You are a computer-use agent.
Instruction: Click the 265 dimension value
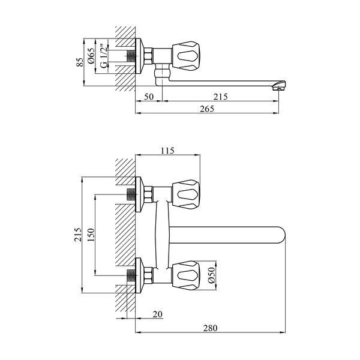point(207,109)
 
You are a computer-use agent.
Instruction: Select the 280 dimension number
point(210,328)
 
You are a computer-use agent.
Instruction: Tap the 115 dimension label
point(167,151)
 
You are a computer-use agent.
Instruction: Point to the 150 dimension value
point(91,235)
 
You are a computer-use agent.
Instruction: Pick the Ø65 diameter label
point(91,56)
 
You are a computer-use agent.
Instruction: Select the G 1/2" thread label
point(104,56)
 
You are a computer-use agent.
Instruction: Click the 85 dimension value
point(80,62)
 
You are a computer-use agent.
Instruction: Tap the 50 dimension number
point(149,97)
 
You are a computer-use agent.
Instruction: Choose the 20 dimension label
point(157,314)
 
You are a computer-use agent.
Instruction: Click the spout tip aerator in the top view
point(279,85)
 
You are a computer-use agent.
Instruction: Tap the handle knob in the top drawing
point(186,56)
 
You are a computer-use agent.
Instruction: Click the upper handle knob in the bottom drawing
point(186,194)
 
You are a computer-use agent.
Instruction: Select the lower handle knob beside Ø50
point(186,275)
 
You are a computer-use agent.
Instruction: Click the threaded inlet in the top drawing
point(131,56)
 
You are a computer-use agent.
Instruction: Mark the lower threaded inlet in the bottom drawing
point(131,275)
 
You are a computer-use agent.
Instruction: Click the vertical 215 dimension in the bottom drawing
point(78,235)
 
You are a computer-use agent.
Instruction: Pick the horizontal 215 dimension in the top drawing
point(220,97)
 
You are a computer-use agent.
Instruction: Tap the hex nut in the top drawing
point(148,56)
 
